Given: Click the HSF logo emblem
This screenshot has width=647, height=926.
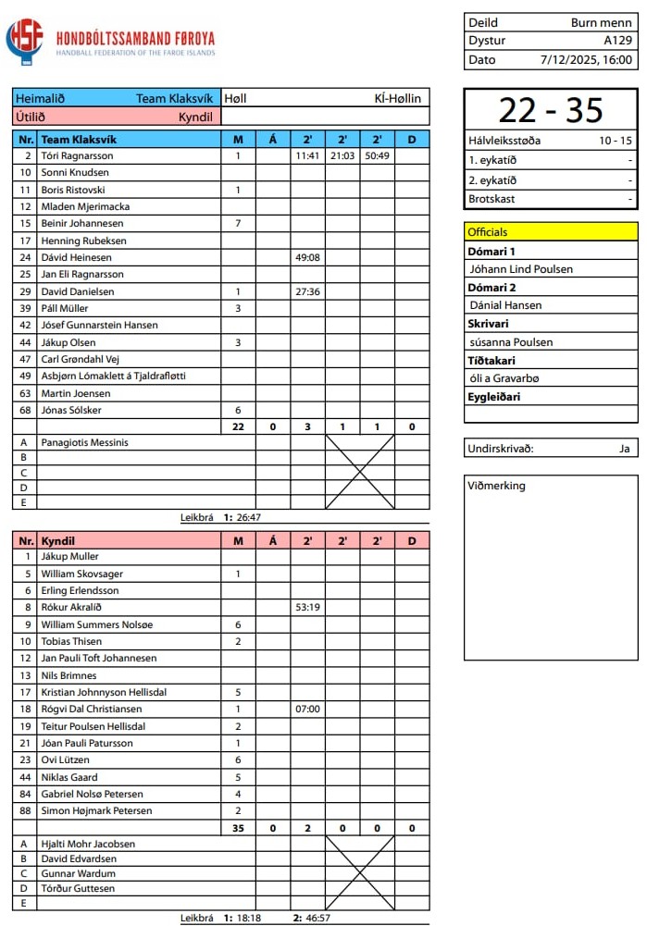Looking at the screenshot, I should point(25,40).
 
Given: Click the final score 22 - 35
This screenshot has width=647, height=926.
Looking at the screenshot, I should point(550,110).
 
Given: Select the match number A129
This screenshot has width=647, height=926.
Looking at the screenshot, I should point(618,41).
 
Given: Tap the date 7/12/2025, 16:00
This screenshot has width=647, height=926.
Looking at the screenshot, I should point(587,60).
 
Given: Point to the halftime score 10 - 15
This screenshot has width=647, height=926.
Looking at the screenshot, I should point(616,142).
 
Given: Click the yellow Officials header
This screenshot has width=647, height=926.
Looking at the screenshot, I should point(551,232).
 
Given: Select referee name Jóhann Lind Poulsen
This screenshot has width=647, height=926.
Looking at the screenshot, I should point(521,269).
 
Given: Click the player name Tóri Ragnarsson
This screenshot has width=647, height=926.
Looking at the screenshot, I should point(77,156).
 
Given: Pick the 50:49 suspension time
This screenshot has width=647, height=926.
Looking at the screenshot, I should point(377,156).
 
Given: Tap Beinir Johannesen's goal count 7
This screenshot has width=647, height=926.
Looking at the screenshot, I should point(238,224).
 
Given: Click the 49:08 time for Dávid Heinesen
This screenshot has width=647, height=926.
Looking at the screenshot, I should point(307,258).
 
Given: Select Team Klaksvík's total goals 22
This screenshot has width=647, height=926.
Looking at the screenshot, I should point(238,426).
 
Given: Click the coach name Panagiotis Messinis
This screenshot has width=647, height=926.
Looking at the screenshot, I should point(84,442).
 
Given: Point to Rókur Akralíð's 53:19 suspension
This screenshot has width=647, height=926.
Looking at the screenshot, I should point(307,608).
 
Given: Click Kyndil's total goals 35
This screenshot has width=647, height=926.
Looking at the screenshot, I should point(238,828).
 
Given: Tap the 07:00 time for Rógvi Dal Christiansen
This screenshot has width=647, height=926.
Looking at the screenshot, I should point(307,710).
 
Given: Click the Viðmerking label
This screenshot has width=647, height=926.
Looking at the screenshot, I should point(496,486).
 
